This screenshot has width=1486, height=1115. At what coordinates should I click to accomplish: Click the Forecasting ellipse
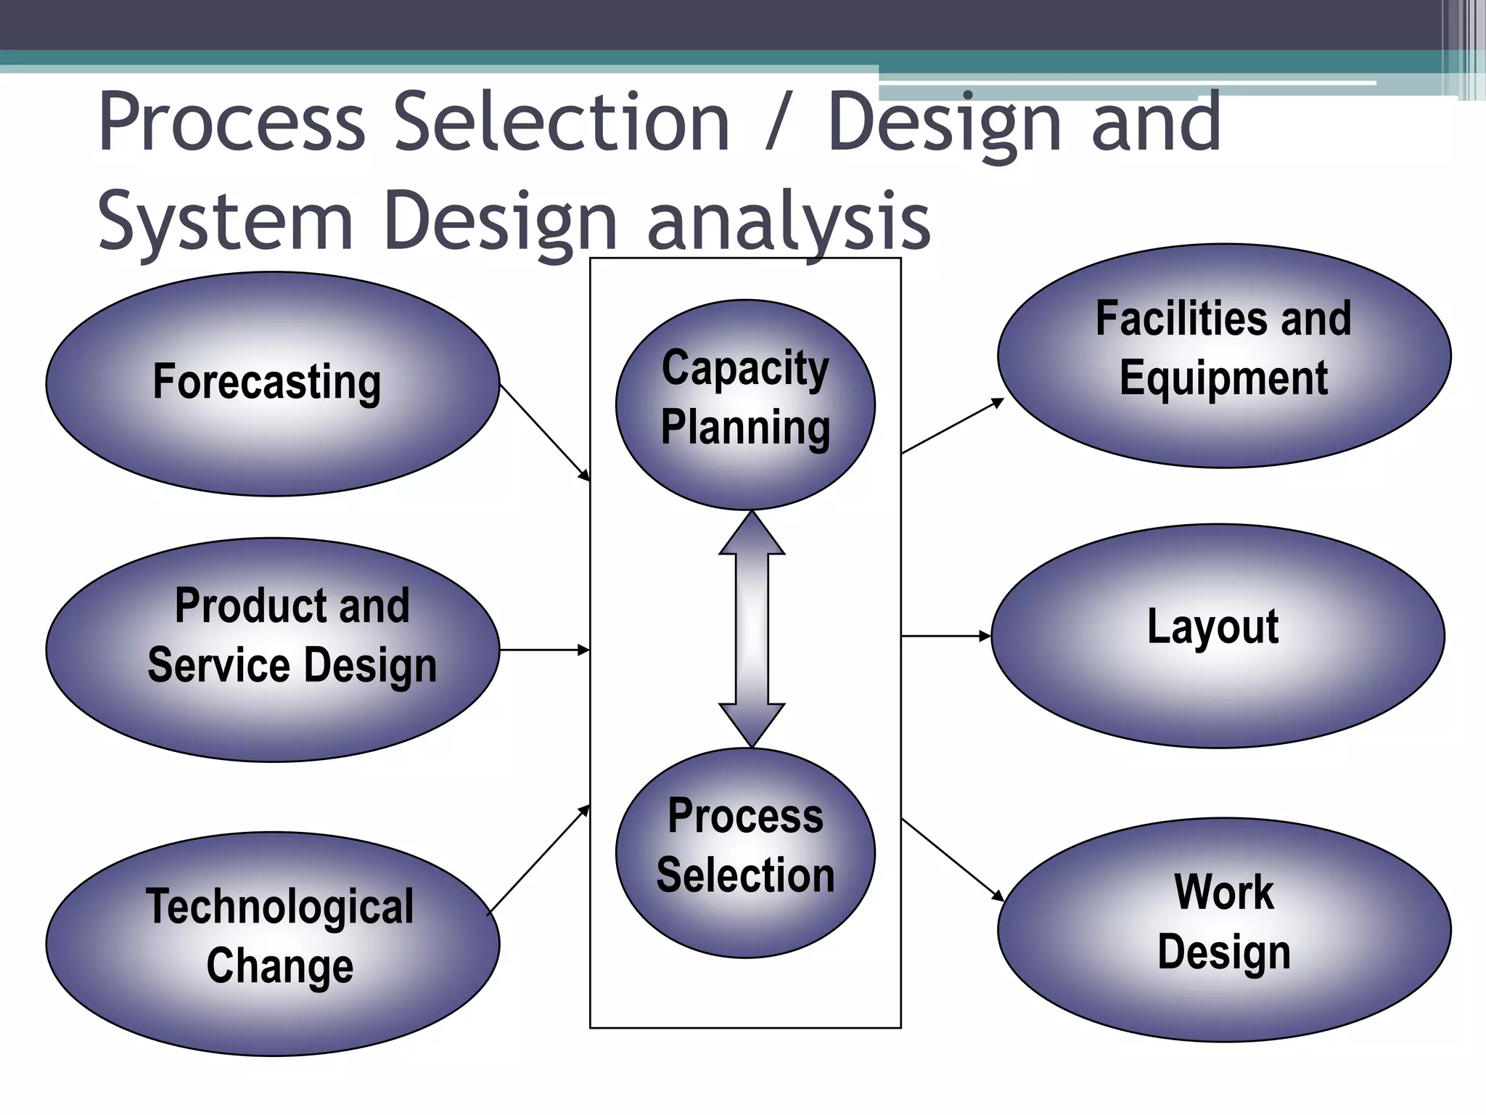[x=272, y=384]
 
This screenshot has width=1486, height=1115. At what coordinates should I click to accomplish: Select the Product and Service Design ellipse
[x=272, y=650]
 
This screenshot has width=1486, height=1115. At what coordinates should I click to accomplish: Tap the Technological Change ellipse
[x=272, y=944]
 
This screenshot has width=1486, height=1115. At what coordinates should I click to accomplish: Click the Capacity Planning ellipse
[x=745, y=404]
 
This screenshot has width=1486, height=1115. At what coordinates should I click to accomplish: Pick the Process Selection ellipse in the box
[x=745, y=852]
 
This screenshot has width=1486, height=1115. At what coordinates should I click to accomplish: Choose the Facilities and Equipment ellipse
[x=1224, y=355]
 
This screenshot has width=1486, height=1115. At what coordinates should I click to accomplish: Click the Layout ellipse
[x=1218, y=635]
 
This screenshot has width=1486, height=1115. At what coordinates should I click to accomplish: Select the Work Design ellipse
[x=1224, y=930]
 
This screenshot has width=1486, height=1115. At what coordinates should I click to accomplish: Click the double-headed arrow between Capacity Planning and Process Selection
[x=752, y=629]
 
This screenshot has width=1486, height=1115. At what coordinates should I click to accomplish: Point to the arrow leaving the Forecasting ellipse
[x=544, y=432]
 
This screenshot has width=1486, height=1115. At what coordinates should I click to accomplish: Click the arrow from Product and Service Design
[x=544, y=650]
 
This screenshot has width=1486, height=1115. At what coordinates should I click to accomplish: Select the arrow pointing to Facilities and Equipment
[x=952, y=426]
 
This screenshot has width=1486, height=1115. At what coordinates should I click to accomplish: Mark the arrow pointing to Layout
[x=945, y=636]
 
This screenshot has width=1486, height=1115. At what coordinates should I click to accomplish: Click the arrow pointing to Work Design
[x=952, y=859]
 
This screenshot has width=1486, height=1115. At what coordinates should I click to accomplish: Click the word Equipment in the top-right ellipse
[x=1223, y=378]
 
